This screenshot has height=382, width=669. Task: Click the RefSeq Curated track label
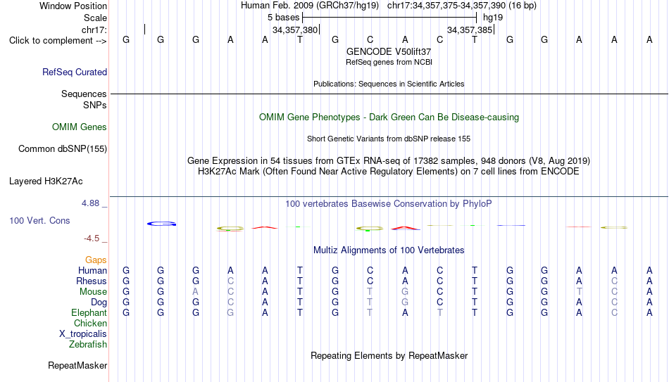pos(75,72)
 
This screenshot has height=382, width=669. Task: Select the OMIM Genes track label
pos(80,127)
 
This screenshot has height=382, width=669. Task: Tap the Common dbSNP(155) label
pos(63,149)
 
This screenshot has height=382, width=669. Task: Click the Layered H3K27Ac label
pos(46,182)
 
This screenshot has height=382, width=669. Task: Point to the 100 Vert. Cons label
pos(39,220)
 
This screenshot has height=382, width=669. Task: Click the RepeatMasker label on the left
pos(77,365)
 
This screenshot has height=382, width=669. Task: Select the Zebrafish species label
pos(88,344)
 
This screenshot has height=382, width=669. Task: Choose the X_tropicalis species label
pos(83,334)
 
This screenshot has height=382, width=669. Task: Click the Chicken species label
pos(90,323)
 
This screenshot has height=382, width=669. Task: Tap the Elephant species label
pos(89,313)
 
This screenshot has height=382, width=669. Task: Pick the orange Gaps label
pos(96,260)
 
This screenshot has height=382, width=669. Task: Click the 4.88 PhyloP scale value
pos(90,203)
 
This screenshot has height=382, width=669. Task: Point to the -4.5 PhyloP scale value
pos(92,238)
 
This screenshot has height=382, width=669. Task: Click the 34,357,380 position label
pos(295,30)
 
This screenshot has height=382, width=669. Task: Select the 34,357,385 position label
pos(470,30)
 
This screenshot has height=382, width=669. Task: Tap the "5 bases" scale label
pos(283,18)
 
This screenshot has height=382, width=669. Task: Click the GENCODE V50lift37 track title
pos(389,51)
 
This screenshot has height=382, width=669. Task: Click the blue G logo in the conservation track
pos(161,224)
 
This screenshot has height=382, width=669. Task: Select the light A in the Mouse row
pos(195,292)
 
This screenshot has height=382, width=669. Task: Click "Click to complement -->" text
pos(58,41)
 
